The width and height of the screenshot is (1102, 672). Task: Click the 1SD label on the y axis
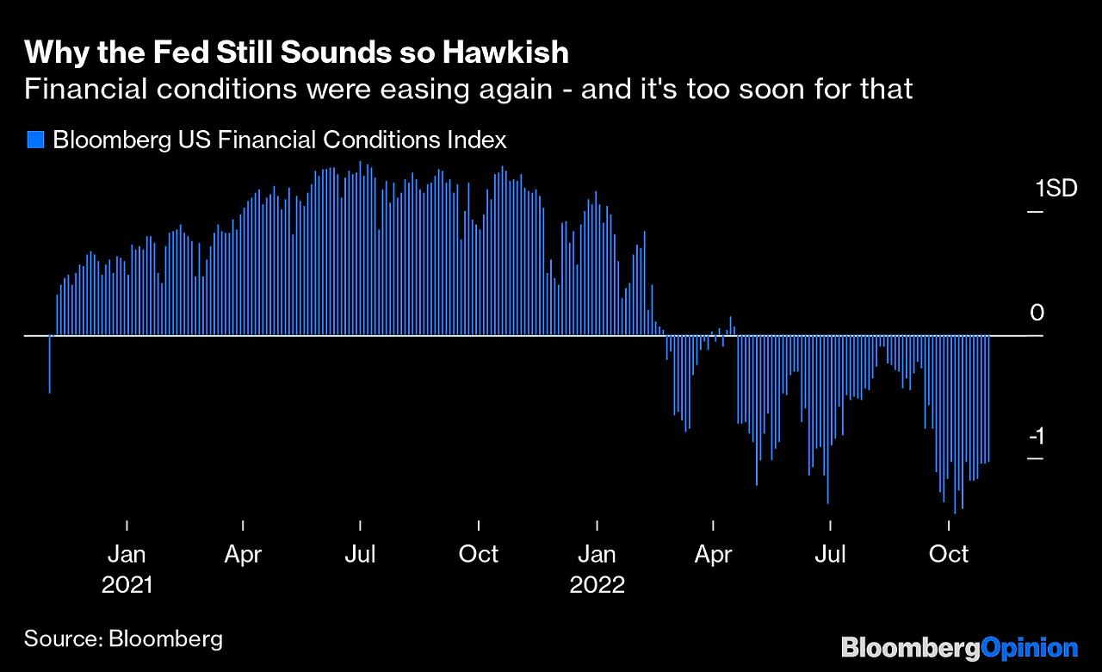pos(1056,189)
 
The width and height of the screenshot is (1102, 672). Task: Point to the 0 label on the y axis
pos(1037,313)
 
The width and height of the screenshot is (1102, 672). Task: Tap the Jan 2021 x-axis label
pos(127,553)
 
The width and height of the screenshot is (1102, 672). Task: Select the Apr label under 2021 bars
pos(243,553)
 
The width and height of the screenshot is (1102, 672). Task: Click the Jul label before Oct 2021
pos(360,553)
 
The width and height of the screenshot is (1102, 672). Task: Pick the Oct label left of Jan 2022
pos(478,553)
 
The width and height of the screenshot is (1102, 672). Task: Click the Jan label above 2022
pos(597,553)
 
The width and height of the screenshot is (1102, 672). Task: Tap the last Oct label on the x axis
pos(949,553)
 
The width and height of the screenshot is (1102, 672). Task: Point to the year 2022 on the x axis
pos(597,584)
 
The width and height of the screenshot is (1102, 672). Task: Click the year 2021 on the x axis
pos(127,584)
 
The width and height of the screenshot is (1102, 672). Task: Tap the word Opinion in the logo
pos(1030,648)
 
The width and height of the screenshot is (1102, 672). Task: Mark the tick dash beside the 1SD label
pos(1035,212)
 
